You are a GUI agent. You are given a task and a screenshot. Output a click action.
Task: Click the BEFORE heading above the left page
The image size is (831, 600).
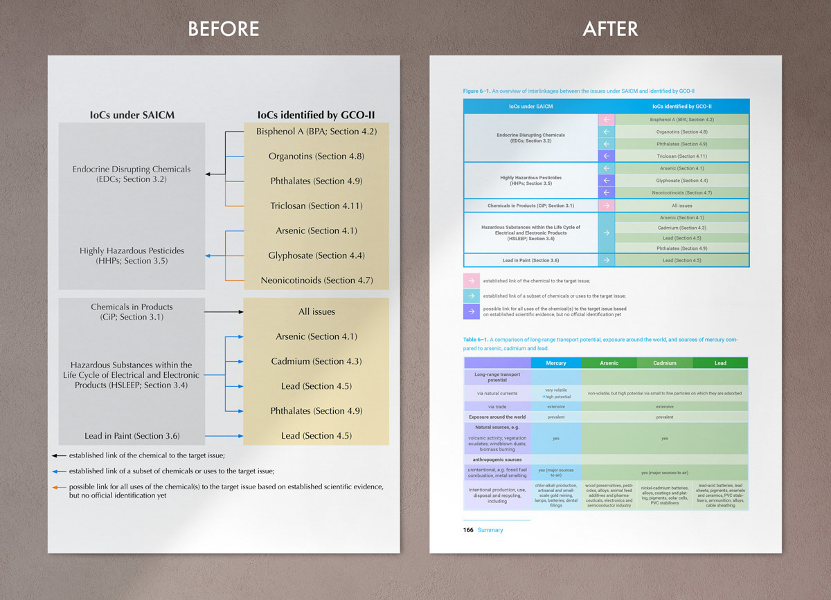(x=224, y=28)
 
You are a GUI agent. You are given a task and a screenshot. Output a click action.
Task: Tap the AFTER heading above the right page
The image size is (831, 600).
(x=610, y=28)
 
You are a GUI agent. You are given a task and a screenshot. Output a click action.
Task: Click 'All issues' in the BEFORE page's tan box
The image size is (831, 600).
(x=316, y=311)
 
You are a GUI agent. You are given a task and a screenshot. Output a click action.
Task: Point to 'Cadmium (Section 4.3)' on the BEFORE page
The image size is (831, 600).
(x=315, y=361)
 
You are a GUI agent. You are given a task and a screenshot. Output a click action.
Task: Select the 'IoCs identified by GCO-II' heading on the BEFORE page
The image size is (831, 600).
(x=316, y=115)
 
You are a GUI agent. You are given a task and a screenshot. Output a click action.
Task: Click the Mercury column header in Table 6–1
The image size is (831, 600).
(x=555, y=363)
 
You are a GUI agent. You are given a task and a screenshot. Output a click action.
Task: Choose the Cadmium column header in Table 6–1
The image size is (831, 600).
(x=664, y=363)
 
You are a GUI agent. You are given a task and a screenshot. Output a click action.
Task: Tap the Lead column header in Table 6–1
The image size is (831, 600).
(x=720, y=363)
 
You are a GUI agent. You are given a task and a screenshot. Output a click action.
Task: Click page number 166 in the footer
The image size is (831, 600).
(x=469, y=530)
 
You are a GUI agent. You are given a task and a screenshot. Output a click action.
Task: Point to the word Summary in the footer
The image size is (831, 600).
(x=490, y=530)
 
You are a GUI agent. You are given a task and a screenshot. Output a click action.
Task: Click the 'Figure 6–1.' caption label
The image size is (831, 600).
(x=476, y=91)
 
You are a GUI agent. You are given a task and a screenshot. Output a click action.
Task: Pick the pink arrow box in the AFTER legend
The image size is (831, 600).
(x=471, y=280)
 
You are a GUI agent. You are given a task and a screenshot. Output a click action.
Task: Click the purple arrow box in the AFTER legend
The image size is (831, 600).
(x=471, y=311)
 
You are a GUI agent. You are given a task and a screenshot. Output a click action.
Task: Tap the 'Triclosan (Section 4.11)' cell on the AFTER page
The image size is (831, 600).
(x=681, y=156)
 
